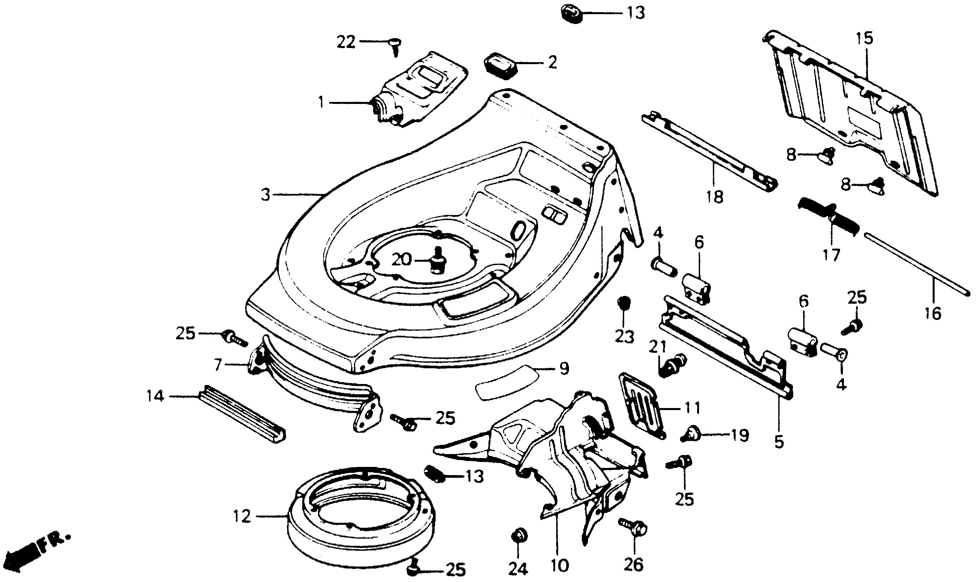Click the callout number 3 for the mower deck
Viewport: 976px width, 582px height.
[x=266, y=195]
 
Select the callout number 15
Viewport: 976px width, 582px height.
[x=864, y=38]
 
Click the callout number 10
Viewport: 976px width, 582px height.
[x=559, y=565]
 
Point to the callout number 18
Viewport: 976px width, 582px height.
[x=715, y=197]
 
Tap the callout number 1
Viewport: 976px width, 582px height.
[x=321, y=103]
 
